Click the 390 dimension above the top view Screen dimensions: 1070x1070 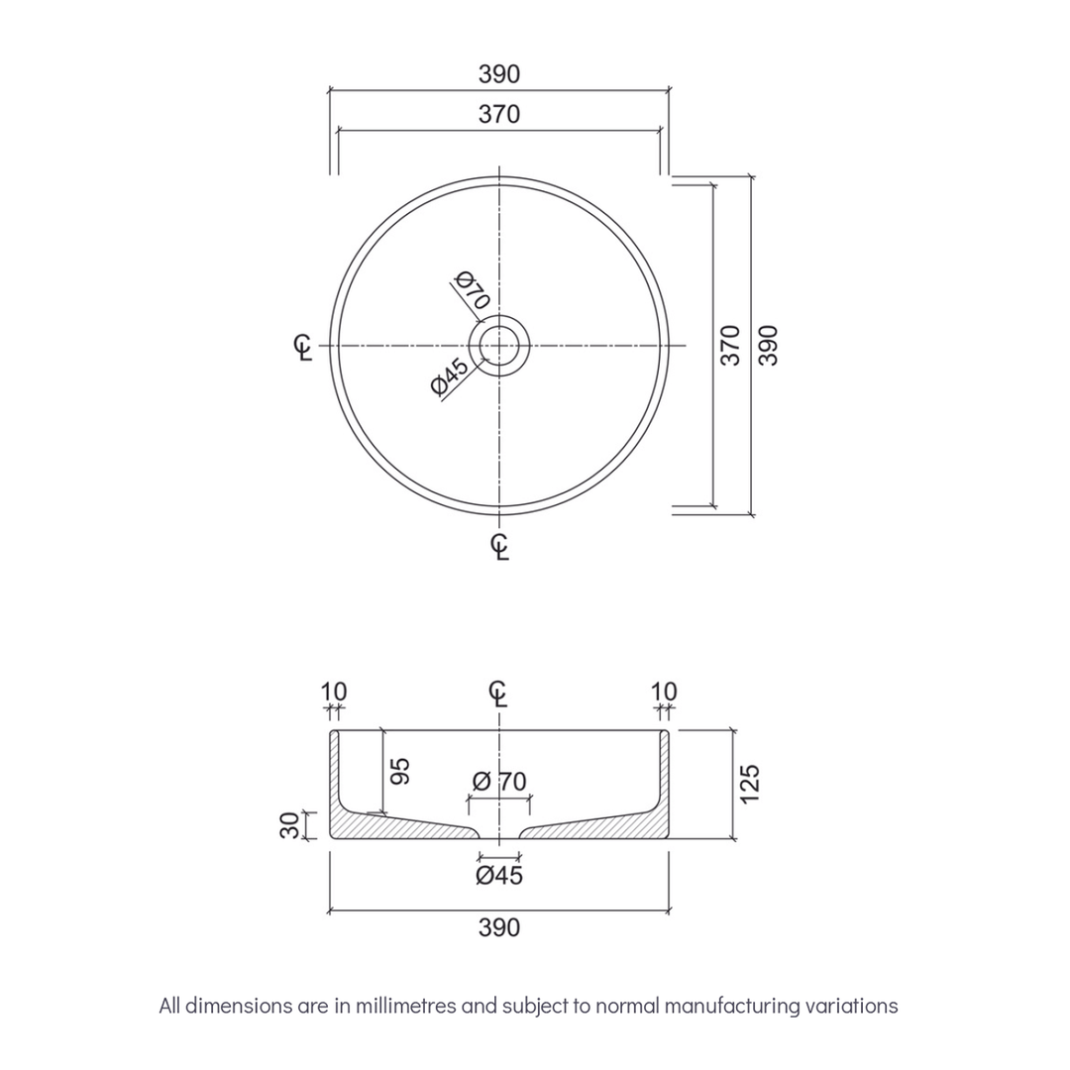499,74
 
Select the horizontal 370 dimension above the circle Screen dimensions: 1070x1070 499,115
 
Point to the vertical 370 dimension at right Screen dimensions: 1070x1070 730,345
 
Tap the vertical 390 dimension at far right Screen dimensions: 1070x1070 769,345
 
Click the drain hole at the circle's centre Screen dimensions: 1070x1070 500,345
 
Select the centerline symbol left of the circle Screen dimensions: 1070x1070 304,346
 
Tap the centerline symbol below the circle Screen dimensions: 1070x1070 500,546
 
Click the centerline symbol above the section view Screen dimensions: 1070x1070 500,694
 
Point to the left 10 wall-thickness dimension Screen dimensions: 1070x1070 335,692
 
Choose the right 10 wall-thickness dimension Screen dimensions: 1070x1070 665,692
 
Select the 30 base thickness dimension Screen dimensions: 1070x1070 288,825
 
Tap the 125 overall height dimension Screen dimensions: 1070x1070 749,783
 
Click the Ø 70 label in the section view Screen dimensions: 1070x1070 499,781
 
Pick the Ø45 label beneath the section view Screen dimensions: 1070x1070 499,875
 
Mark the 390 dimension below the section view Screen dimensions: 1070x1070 499,927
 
